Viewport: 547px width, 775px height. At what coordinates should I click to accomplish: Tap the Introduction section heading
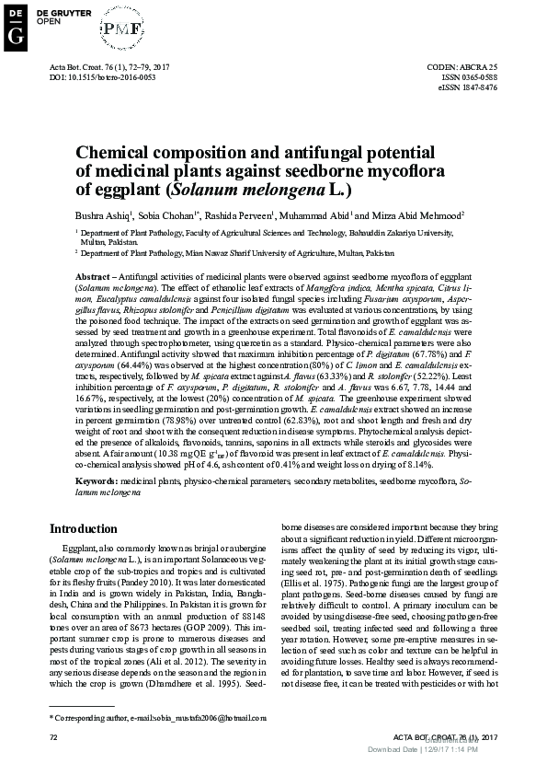pyautogui.click(x=89, y=529)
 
